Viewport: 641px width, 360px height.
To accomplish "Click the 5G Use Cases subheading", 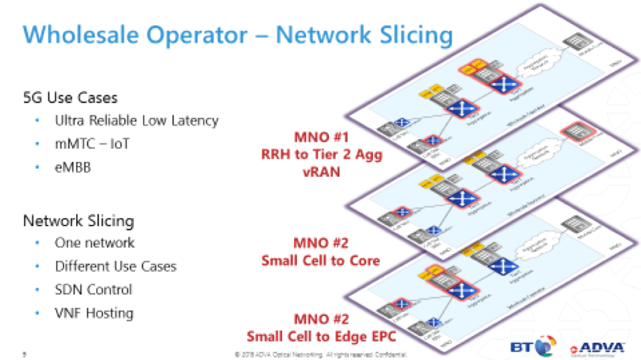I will [x=70, y=97].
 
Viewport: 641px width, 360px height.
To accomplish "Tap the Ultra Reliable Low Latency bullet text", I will [x=136, y=121].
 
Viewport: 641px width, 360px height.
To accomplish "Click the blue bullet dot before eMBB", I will [x=37, y=168].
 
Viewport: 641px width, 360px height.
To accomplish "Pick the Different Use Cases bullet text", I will [x=115, y=266].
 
